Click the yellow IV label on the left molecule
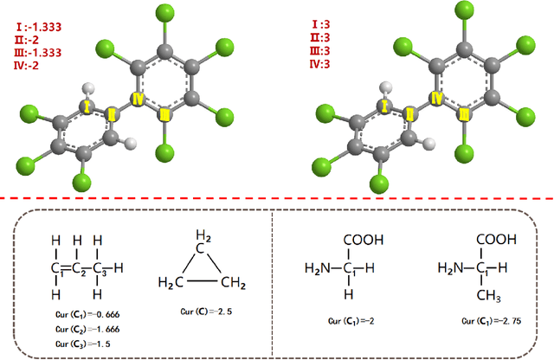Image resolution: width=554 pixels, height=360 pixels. click(x=136, y=100)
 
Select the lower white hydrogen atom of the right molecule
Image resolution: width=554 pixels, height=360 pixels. click(x=427, y=142)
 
